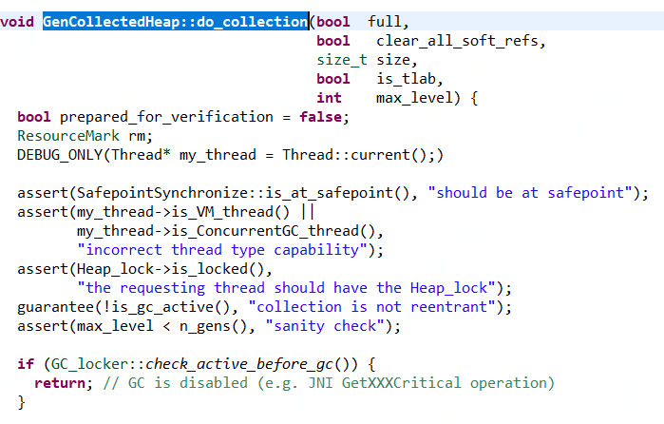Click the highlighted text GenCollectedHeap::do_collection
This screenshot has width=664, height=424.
click(x=175, y=21)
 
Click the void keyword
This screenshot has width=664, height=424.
click(x=18, y=21)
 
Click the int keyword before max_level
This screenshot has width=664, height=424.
click(x=330, y=98)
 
